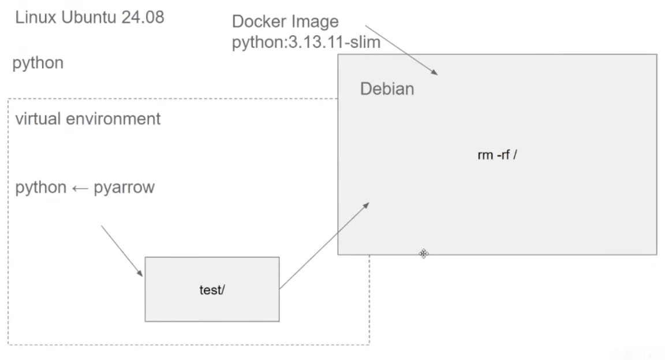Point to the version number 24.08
pos(143,17)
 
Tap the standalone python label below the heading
pos(38,63)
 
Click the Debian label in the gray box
pos(387,89)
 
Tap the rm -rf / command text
pos(496,156)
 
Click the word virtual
pos(36,119)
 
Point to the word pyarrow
pos(124,188)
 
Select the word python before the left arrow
pos(40,188)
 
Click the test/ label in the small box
pos(212,290)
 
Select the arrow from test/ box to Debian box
pos(324,245)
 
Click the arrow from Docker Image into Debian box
pos(401,49)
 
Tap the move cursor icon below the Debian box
pos(424,254)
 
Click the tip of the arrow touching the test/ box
pos(143,276)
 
